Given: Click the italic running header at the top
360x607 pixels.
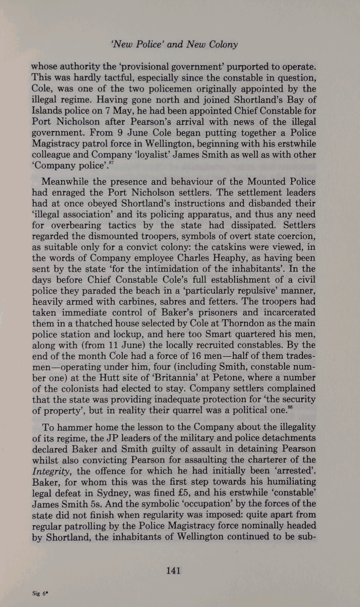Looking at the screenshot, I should (179, 44).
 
